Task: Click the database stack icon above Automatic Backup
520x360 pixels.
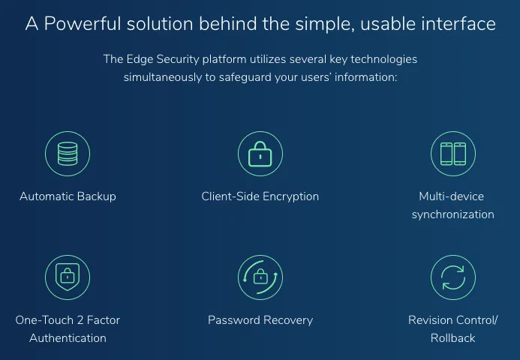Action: click(68, 154)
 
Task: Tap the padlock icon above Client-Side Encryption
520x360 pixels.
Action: click(260, 154)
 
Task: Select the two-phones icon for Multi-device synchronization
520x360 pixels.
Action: click(453, 154)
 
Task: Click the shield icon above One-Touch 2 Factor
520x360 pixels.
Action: click(68, 277)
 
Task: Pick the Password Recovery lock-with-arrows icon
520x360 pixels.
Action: click(260, 277)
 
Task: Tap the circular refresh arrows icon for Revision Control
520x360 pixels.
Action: click(453, 277)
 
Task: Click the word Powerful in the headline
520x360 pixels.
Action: click(83, 24)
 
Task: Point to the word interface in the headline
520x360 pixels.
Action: click(458, 24)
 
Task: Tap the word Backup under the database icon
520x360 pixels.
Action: click(97, 196)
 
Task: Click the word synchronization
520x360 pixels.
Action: click(453, 214)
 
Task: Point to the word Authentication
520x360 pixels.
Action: click(68, 338)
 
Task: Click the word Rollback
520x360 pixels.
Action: click(453, 338)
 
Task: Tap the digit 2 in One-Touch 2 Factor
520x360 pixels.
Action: click(80, 320)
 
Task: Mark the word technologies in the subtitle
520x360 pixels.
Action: click(383, 60)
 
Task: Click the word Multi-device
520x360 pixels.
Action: click(452, 196)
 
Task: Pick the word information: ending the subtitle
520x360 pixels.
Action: click(365, 77)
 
